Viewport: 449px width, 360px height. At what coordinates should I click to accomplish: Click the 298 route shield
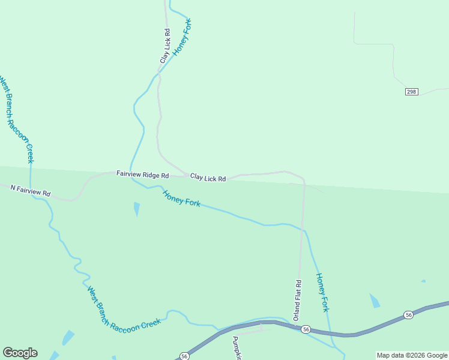[x=411, y=91]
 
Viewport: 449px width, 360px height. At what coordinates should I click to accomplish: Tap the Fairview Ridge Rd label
[x=143, y=175]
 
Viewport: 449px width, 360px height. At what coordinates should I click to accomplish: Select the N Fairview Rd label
[x=31, y=191]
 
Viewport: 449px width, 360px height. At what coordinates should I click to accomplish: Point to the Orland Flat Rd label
[x=297, y=299]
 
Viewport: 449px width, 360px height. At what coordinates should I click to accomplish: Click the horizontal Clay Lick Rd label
[x=208, y=178]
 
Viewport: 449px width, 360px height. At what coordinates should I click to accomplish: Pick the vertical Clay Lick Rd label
[x=165, y=47]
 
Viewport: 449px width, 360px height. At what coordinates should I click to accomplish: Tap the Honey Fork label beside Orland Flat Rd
[x=322, y=292]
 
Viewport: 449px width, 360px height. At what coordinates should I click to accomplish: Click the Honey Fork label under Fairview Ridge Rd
[x=181, y=198]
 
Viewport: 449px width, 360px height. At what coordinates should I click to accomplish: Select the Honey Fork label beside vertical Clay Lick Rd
[x=182, y=38]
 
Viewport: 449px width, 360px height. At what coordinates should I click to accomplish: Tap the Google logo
[x=20, y=353]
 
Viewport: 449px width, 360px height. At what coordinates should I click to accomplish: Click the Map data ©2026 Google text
[x=412, y=355]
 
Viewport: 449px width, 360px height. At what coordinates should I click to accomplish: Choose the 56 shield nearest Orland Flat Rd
[x=306, y=329]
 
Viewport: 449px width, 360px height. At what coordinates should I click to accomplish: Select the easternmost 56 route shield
[x=408, y=314]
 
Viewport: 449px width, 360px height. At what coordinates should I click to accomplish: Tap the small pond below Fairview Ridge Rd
[x=137, y=209]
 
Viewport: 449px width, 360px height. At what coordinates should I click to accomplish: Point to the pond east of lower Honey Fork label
[x=375, y=301]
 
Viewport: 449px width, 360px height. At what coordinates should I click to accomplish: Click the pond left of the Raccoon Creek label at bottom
[x=68, y=337]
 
